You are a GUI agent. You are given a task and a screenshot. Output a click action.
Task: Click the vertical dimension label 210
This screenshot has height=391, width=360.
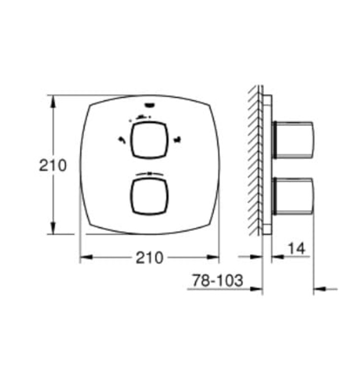coord(52,165)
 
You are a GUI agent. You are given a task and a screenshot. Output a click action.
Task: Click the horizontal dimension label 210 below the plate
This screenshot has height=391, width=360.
coord(149,258)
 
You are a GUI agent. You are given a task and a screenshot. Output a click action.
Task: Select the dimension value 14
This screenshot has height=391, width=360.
coord(297,249)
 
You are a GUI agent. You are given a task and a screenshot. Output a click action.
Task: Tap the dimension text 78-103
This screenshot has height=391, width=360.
coord(218,280)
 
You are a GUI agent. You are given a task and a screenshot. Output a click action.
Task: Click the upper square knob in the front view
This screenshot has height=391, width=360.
coord(149,141)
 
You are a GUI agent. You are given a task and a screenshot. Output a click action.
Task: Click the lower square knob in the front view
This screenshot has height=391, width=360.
coord(149,195)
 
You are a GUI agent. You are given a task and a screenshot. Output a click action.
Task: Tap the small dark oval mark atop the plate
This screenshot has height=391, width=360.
coord(149,104)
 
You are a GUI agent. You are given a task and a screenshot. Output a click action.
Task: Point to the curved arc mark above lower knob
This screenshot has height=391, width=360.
coord(149,173)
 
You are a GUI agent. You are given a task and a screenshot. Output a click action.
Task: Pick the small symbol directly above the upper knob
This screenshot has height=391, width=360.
coord(141,117)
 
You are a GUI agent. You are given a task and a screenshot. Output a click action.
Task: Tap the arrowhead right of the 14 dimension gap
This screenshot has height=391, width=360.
coord(277,258)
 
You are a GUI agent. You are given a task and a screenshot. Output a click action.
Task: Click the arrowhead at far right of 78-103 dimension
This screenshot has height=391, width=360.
coord(319,289)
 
